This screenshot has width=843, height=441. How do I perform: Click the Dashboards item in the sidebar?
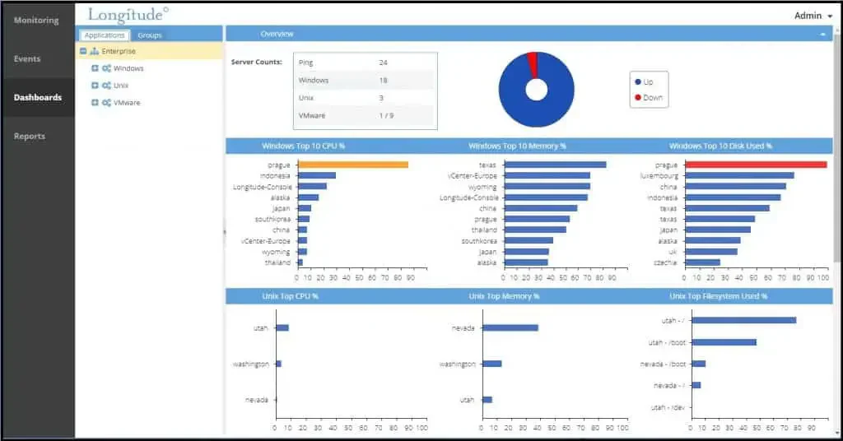tap(38, 97)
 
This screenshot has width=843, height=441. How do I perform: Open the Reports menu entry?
tap(30, 136)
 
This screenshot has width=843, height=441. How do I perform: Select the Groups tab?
tap(150, 35)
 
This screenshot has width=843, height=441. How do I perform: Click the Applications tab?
tap(105, 35)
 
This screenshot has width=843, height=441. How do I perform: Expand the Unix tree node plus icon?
tap(95, 86)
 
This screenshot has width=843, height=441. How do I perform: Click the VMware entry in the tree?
tap(127, 103)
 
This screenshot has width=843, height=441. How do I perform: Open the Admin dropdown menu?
tap(813, 16)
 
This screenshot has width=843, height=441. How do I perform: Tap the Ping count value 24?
tap(383, 63)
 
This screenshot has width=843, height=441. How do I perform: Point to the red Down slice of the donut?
tap(533, 64)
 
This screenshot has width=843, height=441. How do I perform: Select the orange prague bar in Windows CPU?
tap(352, 165)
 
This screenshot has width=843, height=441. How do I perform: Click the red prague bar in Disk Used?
tap(756, 165)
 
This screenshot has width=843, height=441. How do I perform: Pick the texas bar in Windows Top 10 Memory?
tap(556, 165)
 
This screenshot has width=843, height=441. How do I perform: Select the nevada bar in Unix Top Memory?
tap(510, 327)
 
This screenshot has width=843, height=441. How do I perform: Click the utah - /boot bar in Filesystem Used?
tap(724, 342)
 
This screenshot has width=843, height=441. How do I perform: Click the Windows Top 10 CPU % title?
tap(303, 146)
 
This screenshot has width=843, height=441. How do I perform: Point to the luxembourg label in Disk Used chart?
tap(659, 175)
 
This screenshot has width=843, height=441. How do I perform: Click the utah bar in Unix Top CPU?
tap(282, 327)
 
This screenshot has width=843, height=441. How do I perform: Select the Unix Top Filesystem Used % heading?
tap(718, 296)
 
